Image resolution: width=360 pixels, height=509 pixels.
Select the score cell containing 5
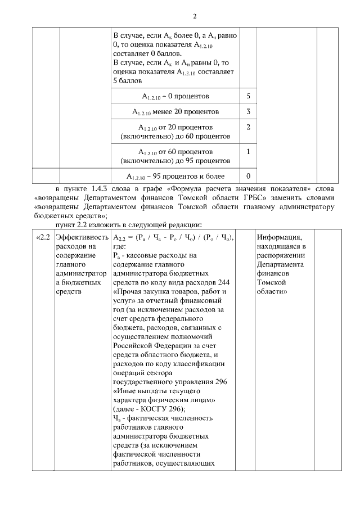[x=248, y=96]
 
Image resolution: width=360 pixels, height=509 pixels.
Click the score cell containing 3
[x=248, y=111]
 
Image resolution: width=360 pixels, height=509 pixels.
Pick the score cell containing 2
[x=248, y=127]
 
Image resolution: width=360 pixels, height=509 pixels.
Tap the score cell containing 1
[x=248, y=152]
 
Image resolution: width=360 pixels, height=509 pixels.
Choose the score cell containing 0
[x=248, y=175]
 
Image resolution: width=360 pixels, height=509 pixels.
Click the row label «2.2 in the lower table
[x=43, y=237]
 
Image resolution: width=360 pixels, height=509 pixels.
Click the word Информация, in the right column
[x=280, y=237]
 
